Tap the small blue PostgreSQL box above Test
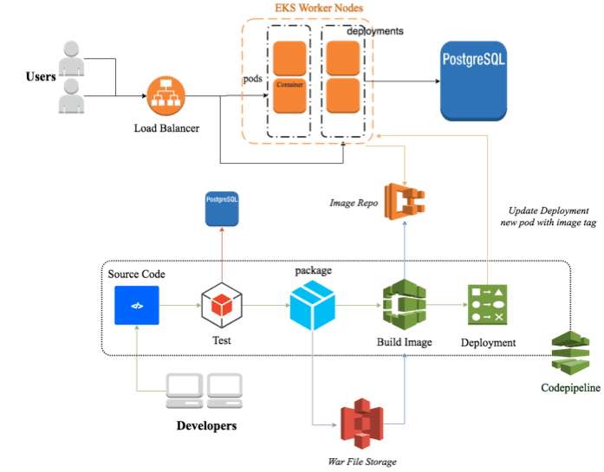[221, 210]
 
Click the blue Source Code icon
[136, 305]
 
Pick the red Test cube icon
[221, 306]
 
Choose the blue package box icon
[311, 305]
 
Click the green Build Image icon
[404, 303]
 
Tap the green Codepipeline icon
[569, 353]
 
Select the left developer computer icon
[184, 391]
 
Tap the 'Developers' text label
[206, 425]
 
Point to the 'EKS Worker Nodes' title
[308, 9]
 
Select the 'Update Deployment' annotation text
[548, 211]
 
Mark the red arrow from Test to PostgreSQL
[221, 255]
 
